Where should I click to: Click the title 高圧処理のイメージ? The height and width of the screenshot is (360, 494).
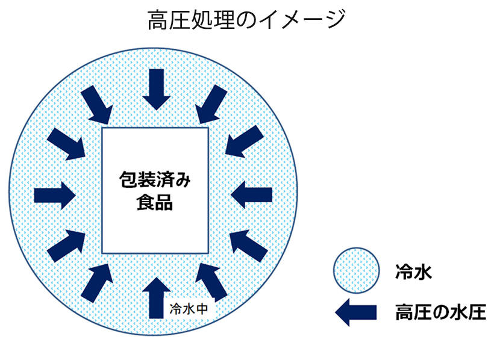pyautogui.click(x=246, y=20)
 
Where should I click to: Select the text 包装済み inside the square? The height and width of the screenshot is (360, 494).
pyautogui.click(x=155, y=179)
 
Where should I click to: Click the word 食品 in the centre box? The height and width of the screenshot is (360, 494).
pyautogui.click(x=155, y=203)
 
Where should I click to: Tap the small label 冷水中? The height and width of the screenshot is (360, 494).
pyautogui.click(x=189, y=309)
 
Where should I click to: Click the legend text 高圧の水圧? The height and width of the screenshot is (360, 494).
pyautogui.click(x=440, y=312)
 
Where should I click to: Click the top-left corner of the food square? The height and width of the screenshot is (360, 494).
pyautogui.click(x=102, y=128)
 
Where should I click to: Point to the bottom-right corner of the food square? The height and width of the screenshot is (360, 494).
pyautogui.click(x=208, y=253)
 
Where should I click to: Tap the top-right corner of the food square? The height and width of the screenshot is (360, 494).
pyautogui.click(x=208, y=128)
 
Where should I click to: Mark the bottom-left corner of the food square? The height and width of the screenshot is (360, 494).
pyautogui.click(x=102, y=253)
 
